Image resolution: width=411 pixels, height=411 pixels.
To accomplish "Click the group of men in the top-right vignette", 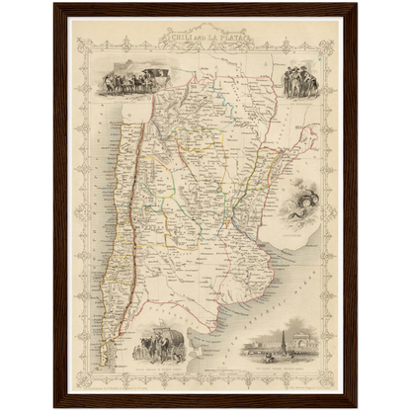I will pyautogui.click(x=298, y=80).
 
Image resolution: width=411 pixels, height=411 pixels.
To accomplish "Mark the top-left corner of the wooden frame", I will pyautogui.click(x=55, y=4).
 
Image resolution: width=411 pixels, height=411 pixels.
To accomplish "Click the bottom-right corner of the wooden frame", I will pyautogui.click(x=357, y=406).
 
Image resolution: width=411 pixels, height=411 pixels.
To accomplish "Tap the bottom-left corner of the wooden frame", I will pyautogui.click(x=55, y=406).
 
